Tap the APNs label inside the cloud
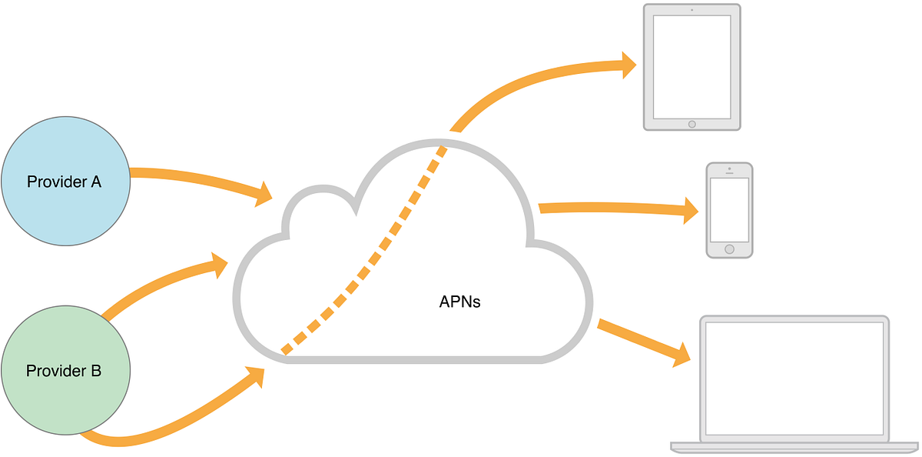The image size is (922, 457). point(459,302)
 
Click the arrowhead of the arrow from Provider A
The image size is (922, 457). point(264,193)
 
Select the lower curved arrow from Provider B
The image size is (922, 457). point(169,427)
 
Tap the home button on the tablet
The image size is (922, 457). point(691,123)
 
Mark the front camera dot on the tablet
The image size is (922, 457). point(691,10)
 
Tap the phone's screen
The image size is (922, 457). point(729,209)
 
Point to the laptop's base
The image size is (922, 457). point(794,447)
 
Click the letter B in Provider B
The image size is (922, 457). point(95,371)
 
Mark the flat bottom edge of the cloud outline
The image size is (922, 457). point(415,359)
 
